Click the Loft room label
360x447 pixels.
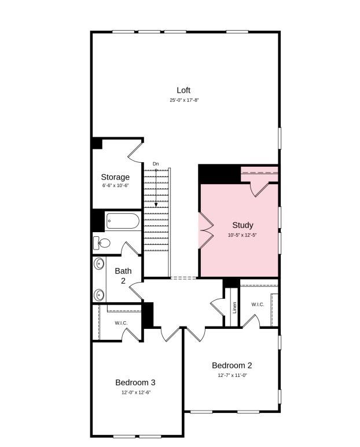pyautogui.click(x=183, y=90)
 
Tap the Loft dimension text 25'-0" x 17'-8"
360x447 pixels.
pyautogui.click(x=183, y=100)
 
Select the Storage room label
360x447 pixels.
pyautogui.click(x=115, y=177)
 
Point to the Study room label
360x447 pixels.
pyautogui.click(x=243, y=225)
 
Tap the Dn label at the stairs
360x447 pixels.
pyautogui.click(x=156, y=164)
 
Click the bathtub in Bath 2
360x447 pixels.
pyautogui.click(x=123, y=221)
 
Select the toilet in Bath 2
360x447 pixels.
pyautogui.click(x=102, y=243)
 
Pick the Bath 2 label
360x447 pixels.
pyautogui.click(x=123, y=276)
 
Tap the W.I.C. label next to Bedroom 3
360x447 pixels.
pyautogui.click(x=121, y=323)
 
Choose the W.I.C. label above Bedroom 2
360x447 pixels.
pyautogui.click(x=257, y=305)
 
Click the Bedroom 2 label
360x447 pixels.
pyautogui.click(x=232, y=365)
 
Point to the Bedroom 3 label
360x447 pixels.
pyautogui.click(x=135, y=382)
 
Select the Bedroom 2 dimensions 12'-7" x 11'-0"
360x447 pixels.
pyautogui.click(x=232, y=375)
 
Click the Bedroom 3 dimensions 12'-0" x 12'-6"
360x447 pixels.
pyautogui.click(x=135, y=392)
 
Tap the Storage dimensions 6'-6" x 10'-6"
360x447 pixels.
pyautogui.click(x=115, y=186)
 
